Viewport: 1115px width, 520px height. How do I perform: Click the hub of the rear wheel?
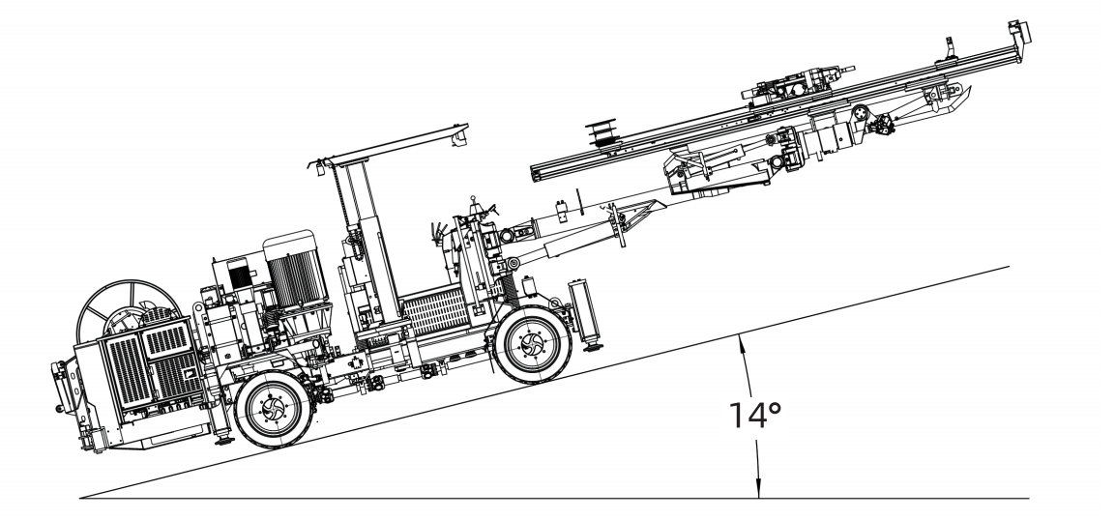click(x=273, y=409)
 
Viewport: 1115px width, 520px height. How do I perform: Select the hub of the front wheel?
click(x=532, y=345)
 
